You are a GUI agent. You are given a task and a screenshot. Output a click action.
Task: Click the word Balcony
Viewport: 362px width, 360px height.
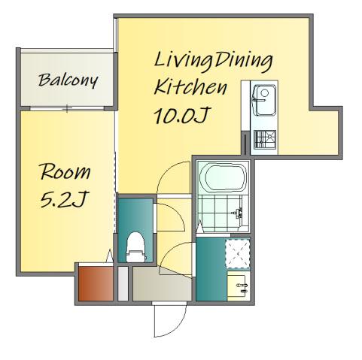click(68, 80)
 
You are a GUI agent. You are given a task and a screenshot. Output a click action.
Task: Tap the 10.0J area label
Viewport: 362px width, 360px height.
click(181, 116)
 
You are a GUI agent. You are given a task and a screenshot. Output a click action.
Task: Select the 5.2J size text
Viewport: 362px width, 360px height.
click(65, 199)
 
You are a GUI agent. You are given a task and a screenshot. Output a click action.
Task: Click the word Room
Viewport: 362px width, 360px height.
click(65, 171)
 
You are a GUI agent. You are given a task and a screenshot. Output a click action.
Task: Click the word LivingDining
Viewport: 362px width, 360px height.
click(213, 61)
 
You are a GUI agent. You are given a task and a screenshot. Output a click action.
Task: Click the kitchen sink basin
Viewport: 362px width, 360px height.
click(264, 100)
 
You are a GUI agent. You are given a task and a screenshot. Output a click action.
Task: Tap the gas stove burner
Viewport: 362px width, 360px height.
click(265, 139)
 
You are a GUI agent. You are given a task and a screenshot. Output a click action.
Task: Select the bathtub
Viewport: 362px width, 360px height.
click(223, 177)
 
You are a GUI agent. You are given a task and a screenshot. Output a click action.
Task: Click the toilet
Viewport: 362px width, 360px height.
click(135, 247)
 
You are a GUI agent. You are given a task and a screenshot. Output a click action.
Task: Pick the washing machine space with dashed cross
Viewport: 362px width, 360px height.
click(238, 253)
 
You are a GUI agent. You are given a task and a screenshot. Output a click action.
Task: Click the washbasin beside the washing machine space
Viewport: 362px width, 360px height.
click(239, 286)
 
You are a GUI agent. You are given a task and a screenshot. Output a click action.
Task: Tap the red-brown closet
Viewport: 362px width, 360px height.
click(96, 283)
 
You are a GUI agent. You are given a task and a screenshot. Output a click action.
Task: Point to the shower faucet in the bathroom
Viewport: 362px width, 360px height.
click(237, 213)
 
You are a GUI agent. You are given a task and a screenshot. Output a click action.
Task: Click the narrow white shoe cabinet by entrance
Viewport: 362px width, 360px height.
click(123, 283)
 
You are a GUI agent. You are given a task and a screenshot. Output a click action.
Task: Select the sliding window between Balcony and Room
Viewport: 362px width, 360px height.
click(67, 108)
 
